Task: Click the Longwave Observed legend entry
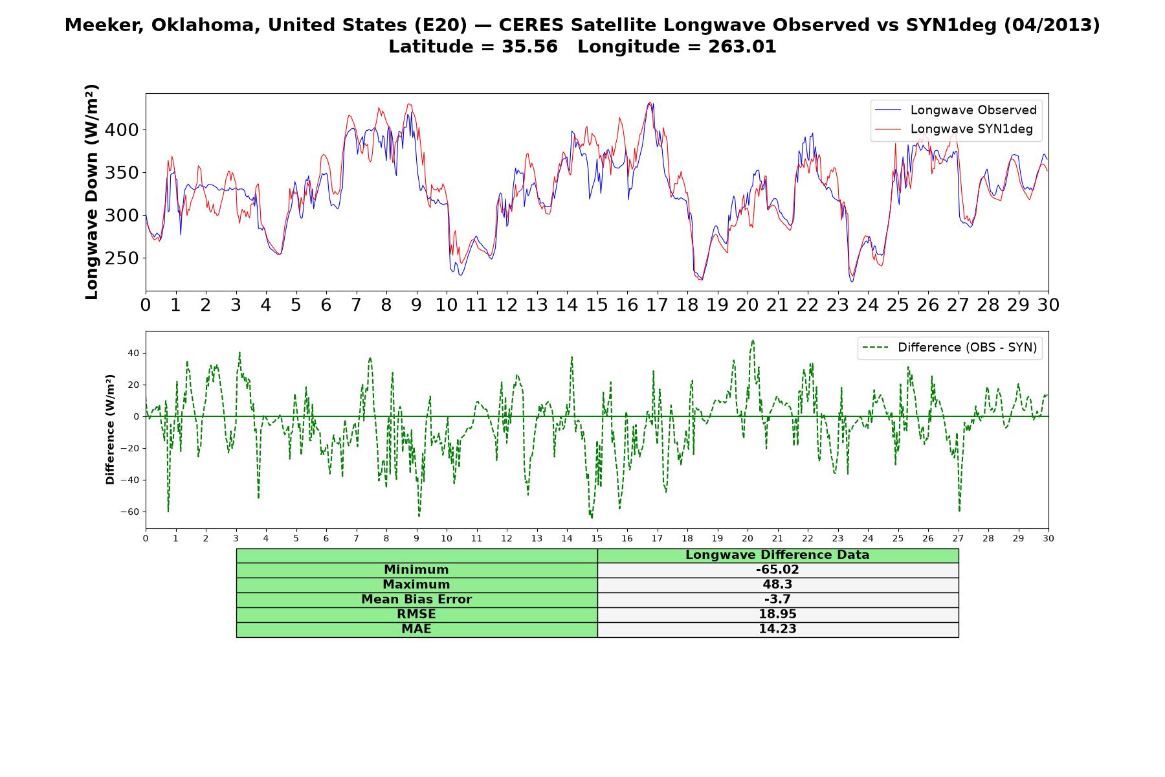coord(955,110)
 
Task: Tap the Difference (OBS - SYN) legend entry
coord(950,348)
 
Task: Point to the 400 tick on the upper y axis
coord(123,130)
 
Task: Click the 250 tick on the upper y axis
coord(123,258)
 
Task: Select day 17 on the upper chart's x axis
coord(657,305)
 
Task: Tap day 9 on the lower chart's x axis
coord(417,538)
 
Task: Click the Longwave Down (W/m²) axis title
coord(91,192)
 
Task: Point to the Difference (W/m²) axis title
coord(110,429)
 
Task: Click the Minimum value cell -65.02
coord(777,570)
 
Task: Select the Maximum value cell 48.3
coord(777,585)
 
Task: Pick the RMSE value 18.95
coord(777,614)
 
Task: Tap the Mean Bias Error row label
coord(416,600)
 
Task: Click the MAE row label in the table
coord(416,629)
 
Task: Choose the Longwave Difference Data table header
coord(777,555)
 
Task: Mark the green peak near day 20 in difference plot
coord(753,341)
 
